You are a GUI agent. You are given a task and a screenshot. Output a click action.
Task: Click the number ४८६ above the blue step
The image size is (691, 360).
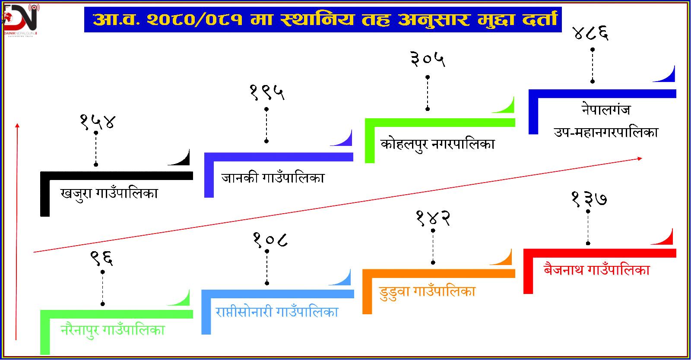tap(590, 33)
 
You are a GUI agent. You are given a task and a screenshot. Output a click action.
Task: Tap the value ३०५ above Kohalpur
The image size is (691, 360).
tap(428, 60)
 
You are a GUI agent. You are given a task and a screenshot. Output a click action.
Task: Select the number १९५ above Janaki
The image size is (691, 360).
tap(267, 92)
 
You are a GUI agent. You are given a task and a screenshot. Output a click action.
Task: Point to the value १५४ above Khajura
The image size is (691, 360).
tap(98, 121)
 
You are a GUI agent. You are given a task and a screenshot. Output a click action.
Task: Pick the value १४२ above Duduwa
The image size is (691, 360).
tap(433, 218)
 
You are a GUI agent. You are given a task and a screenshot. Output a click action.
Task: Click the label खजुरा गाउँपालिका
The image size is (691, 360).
tap(109, 193)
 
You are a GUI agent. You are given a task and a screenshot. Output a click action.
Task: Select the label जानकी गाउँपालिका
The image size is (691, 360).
tap(273, 177)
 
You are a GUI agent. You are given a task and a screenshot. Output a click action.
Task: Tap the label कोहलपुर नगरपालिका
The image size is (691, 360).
tap(437, 144)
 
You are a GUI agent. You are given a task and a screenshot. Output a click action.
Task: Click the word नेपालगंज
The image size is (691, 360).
tap(605, 110)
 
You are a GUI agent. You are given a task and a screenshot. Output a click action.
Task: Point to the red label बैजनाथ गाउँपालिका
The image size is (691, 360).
tap(597, 270)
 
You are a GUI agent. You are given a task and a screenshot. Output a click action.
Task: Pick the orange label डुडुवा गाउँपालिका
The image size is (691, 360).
tap(427, 291)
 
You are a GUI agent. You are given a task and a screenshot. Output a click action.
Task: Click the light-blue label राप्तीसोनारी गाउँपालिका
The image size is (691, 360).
tap(277, 312)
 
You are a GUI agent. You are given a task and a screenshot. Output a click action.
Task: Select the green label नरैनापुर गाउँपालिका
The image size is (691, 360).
tap(113, 331)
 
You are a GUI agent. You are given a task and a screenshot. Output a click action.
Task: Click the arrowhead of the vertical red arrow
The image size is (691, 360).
tap(17, 125)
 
